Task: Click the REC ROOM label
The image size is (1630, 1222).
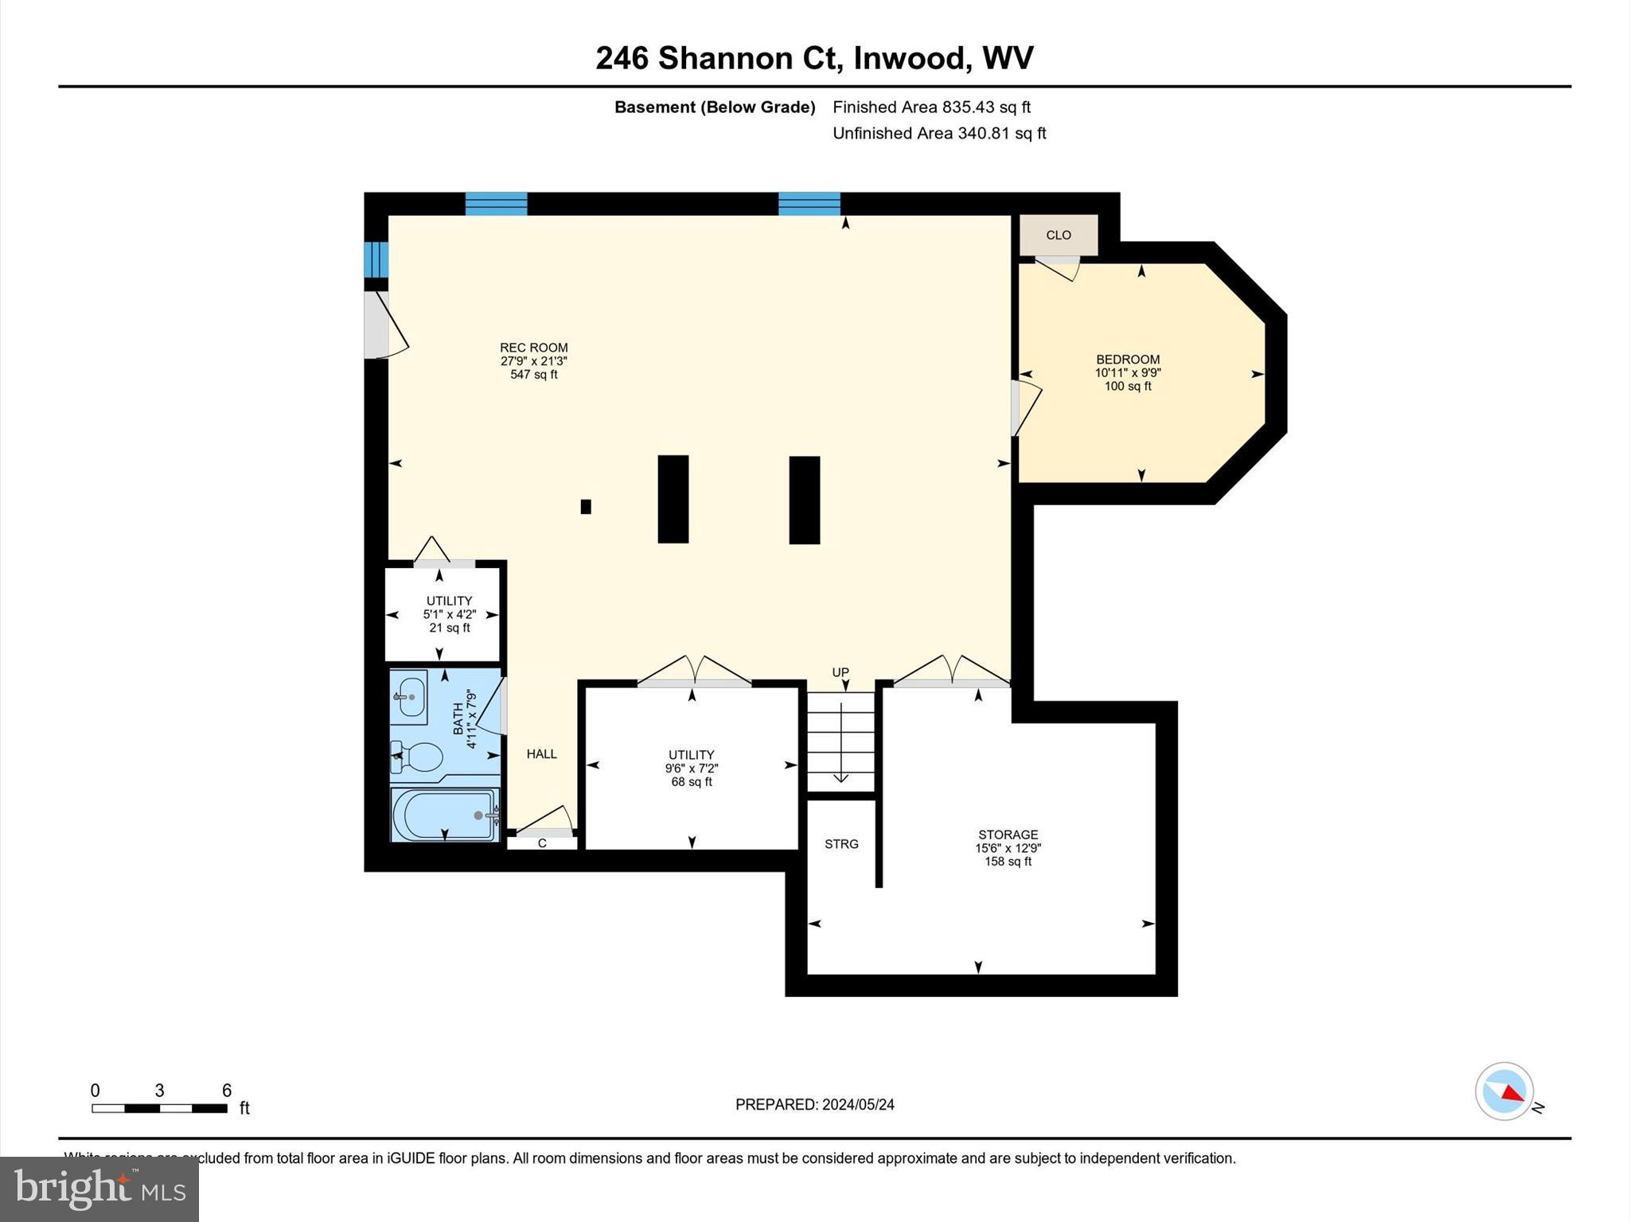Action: (x=533, y=348)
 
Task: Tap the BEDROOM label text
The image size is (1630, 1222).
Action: (x=1127, y=360)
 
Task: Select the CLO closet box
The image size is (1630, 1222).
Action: (x=1059, y=235)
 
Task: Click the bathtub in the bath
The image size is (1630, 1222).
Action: (x=444, y=814)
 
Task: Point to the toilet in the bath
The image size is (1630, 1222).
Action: (x=418, y=757)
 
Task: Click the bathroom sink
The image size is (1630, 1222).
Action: (x=411, y=696)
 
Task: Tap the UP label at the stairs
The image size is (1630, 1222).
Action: (x=840, y=672)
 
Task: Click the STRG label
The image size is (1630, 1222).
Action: (x=841, y=844)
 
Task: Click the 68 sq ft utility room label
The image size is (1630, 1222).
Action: (x=691, y=782)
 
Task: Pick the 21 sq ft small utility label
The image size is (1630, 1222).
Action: (x=449, y=628)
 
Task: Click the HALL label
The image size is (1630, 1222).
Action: (x=541, y=754)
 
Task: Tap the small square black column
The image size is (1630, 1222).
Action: (x=586, y=507)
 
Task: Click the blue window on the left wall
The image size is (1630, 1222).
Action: (x=376, y=259)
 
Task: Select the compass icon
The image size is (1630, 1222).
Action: (x=1503, y=1092)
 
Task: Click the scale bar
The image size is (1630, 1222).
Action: (x=159, y=1108)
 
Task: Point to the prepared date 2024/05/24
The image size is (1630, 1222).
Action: (x=814, y=1104)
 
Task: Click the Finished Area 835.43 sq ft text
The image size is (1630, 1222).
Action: (x=931, y=107)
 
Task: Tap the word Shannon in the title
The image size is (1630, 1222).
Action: (x=725, y=58)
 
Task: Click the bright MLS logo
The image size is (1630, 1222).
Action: (x=99, y=1189)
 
